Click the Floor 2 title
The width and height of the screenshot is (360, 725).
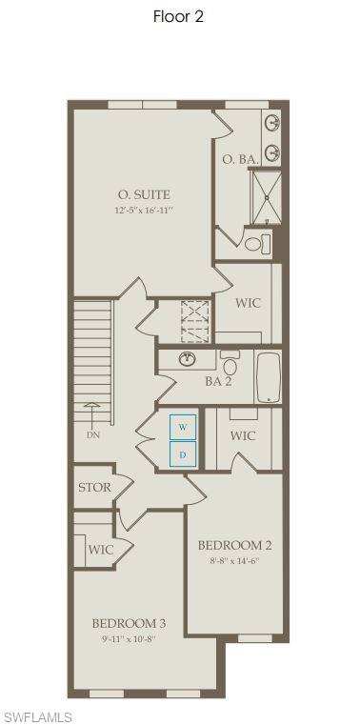pos(178,16)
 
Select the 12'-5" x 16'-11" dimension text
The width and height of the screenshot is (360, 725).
pos(144,211)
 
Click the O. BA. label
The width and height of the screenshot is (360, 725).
pos(240,160)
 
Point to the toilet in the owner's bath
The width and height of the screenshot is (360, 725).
pos(254,245)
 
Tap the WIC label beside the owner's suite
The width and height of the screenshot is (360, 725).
pos(248,303)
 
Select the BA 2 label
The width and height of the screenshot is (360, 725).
pos(218,381)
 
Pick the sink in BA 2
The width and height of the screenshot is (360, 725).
pos(189,359)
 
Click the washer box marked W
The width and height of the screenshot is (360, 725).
pos(184,426)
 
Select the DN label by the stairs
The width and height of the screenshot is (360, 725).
pos(92,434)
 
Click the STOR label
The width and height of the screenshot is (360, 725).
pos(95,488)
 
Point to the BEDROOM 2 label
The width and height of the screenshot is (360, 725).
pos(234,545)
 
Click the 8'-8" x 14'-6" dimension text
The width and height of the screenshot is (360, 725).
pos(234,561)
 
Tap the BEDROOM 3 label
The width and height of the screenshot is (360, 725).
pos(129,623)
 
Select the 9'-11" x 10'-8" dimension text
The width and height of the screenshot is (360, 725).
pos(129,639)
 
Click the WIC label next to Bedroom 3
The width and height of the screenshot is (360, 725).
pos(101,550)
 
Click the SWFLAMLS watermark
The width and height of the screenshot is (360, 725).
pos(37,716)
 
